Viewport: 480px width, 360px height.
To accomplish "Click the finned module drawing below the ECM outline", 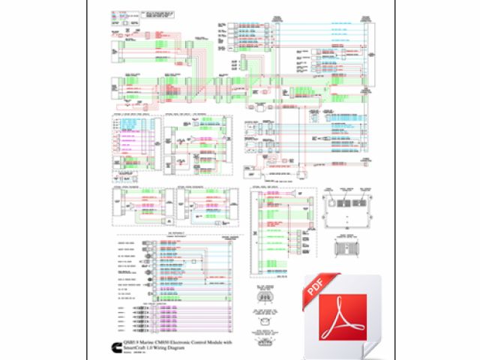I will tap(347, 250).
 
